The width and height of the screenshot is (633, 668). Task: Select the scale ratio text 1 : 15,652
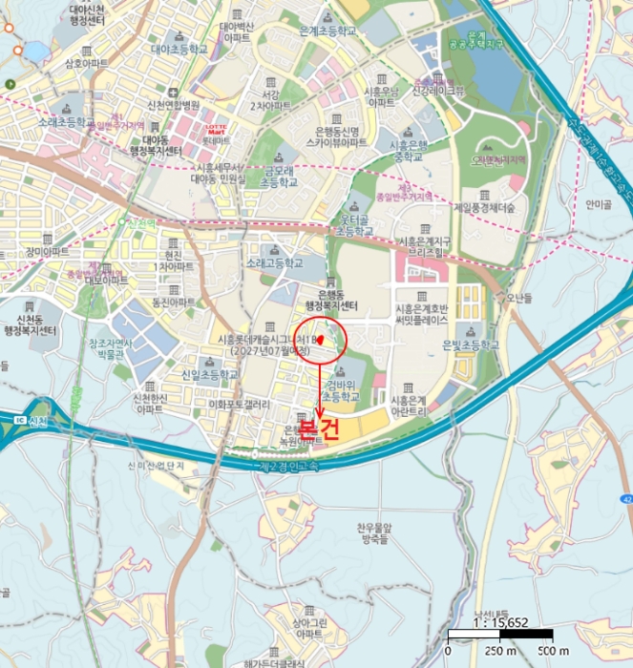point(499,620)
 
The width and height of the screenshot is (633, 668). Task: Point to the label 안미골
point(599,203)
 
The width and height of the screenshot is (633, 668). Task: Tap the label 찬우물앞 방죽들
point(371,533)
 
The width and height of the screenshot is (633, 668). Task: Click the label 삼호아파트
point(87,65)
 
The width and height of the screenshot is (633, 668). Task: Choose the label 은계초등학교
point(327,31)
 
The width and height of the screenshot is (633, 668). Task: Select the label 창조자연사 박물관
point(112,347)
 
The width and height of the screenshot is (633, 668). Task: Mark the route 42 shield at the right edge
point(626,499)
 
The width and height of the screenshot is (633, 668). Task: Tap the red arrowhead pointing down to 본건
point(320,411)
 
